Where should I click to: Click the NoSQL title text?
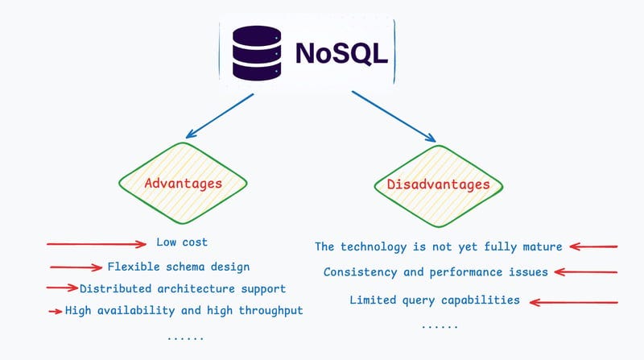(x=341, y=52)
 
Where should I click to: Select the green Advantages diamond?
(x=183, y=184)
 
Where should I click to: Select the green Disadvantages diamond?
(x=438, y=184)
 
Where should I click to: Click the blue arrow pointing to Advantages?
(x=219, y=115)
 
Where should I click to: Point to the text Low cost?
(x=183, y=242)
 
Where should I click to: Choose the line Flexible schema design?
(x=178, y=267)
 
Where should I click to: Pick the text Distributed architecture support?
(x=183, y=288)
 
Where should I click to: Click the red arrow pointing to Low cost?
(x=97, y=243)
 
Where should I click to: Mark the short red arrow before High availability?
(x=55, y=311)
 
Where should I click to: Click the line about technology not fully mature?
(x=438, y=246)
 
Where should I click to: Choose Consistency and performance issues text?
(x=436, y=272)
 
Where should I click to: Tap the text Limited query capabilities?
(x=434, y=300)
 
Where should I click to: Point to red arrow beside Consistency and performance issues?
(x=586, y=272)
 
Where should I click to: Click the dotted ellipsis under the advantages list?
(x=185, y=337)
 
